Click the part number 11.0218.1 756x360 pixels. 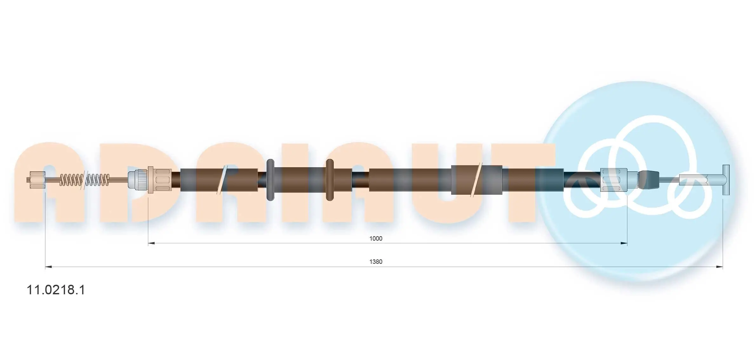point(56,290)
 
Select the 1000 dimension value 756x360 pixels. point(376,238)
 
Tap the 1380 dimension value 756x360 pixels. point(376,262)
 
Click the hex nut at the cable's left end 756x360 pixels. point(37,180)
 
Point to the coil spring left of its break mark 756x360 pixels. point(71,180)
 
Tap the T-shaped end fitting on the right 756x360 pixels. point(726,180)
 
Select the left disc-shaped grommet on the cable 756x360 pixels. point(270,180)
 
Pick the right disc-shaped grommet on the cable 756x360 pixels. point(330,180)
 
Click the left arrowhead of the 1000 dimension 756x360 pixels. point(151,243)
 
